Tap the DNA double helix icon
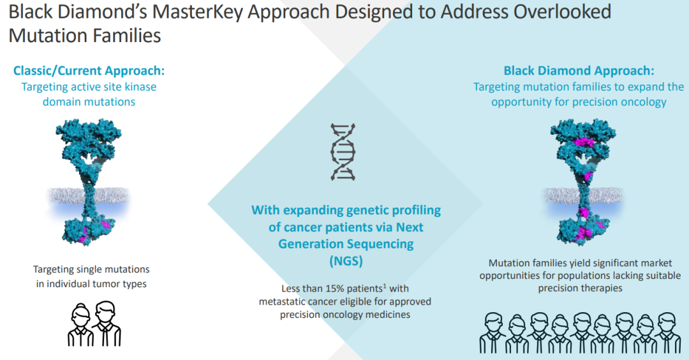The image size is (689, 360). pyautogui.click(x=343, y=152)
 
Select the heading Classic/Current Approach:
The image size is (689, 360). pyautogui.click(x=89, y=71)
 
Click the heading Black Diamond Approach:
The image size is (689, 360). pyautogui.click(x=579, y=71)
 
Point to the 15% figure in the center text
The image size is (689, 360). pyautogui.click(x=335, y=289)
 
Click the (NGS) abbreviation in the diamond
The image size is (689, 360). pyautogui.click(x=346, y=261)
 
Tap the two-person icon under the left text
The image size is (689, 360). pyautogui.click(x=94, y=324)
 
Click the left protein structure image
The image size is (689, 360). pyautogui.click(x=89, y=182)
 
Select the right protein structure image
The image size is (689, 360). pyautogui.click(x=583, y=182)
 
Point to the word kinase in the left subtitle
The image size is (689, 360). pyautogui.click(x=140, y=87)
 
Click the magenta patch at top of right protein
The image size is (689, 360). pyautogui.click(x=584, y=142)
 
